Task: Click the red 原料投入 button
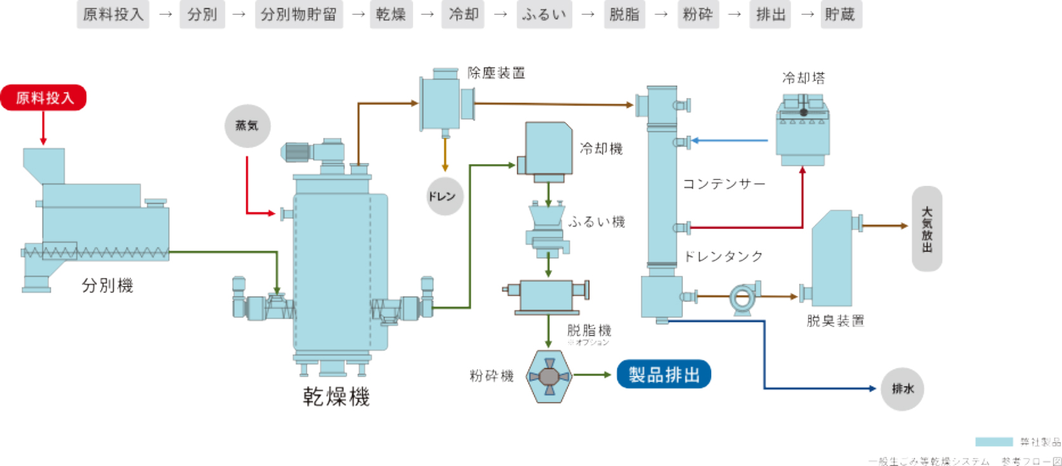tap(44, 98)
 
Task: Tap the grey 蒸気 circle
tap(247, 126)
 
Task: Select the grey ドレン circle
tap(444, 196)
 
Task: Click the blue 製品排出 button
tap(664, 375)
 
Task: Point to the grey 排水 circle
tap(902, 389)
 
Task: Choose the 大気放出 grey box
tap(926, 229)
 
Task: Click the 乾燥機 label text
tap(336, 397)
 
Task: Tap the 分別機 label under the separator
tap(107, 286)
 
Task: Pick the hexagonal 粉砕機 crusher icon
tap(549, 376)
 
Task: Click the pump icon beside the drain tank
tap(742, 297)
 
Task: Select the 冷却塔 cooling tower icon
tap(803, 130)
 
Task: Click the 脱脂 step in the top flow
tap(624, 15)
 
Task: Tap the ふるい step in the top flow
tap(544, 15)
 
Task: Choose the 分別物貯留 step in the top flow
tap(298, 15)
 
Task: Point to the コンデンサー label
tap(724, 184)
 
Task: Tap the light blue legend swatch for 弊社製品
tap(993, 442)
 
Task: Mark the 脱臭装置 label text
tap(835, 321)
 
